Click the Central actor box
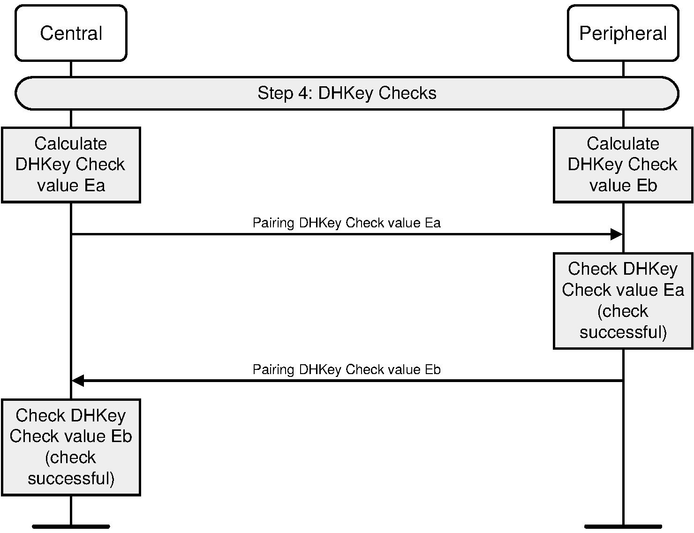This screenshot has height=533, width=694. [x=71, y=33]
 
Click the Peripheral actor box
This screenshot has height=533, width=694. [x=623, y=33]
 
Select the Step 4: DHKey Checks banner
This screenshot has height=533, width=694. [x=347, y=93]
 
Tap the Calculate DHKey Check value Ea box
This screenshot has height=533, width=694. [x=71, y=165]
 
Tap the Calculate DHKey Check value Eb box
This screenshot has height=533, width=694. [x=623, y=165]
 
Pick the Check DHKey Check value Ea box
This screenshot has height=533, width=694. [x=623, y=300]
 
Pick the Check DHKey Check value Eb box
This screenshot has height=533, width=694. [x=71, y=447]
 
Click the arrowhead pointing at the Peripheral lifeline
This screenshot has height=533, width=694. [x=616, y=234]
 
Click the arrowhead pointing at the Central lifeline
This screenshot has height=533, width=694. [x=78, y=381]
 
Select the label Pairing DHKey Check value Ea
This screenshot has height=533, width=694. [x=347, y=223]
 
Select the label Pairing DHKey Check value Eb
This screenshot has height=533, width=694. [x=347, y=369]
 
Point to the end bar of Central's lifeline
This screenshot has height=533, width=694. [x=71, y=526]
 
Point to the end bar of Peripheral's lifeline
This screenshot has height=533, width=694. [x=623, y=526]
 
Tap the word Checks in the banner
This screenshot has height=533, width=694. [x=407, y=93]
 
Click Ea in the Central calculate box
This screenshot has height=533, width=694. [x=95, y=186]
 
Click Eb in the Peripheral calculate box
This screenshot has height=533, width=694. [x=647, y=186]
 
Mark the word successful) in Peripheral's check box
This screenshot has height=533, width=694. [x=623, y=332]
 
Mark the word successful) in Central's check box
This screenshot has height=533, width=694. [x=71, y=479]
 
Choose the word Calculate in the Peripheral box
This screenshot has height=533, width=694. [x=623, y=143]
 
